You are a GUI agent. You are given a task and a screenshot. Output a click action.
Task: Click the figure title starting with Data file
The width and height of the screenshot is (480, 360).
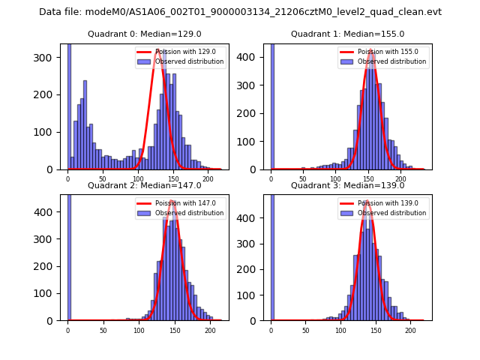click(240, 12)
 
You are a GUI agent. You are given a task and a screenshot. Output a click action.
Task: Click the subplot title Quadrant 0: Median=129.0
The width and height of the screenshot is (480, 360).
click(144, 34)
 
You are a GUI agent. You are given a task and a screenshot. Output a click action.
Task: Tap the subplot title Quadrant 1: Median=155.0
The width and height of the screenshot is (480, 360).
click(347, 34)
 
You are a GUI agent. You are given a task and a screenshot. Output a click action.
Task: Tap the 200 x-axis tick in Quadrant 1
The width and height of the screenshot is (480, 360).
click(400, 178)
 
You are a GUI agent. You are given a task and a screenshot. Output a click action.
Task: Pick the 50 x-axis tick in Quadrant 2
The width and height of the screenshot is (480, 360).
click(103, 329)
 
